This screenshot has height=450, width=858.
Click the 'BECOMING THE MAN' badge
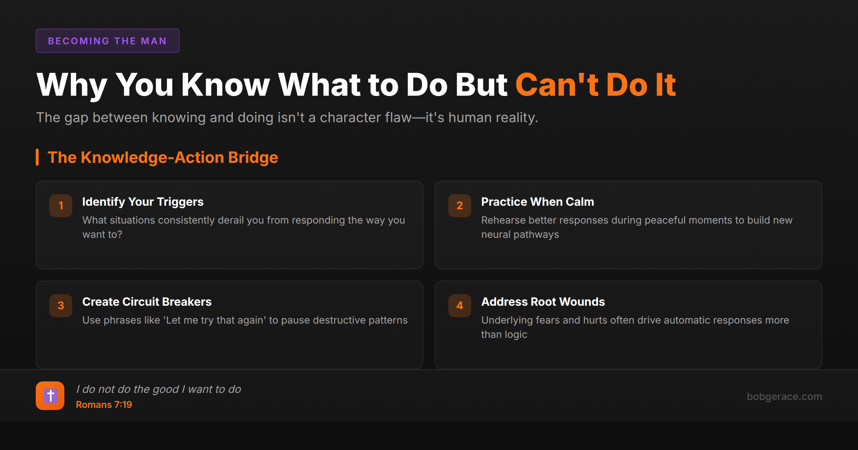point(107,41)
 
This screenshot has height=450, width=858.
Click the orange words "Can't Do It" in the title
point(595,85)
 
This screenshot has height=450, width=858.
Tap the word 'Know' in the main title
point(225,85)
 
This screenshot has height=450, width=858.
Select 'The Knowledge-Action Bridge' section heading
point(163,157)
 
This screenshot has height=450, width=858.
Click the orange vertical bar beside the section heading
point(37,157)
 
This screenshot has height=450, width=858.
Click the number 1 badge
point(61,206)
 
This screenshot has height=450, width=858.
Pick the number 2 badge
point(460,206)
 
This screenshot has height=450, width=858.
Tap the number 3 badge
point(61,306)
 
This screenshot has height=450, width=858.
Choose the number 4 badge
point(460,306)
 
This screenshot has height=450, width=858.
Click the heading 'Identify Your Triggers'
point(143,202)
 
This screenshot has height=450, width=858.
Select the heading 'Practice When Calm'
point(537,202)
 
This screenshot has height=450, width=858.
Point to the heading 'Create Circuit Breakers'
point(147,302)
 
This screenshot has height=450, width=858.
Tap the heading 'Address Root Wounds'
point(543,302)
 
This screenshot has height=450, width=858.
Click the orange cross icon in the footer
point(50,396)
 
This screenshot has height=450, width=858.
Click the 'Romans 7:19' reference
point(104,405)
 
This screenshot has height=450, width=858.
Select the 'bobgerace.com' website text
point(784,396)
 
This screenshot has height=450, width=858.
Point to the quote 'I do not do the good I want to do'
point(158,389)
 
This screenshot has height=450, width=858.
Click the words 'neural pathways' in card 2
point(520,235)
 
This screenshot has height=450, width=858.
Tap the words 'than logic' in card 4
point(504,335)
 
